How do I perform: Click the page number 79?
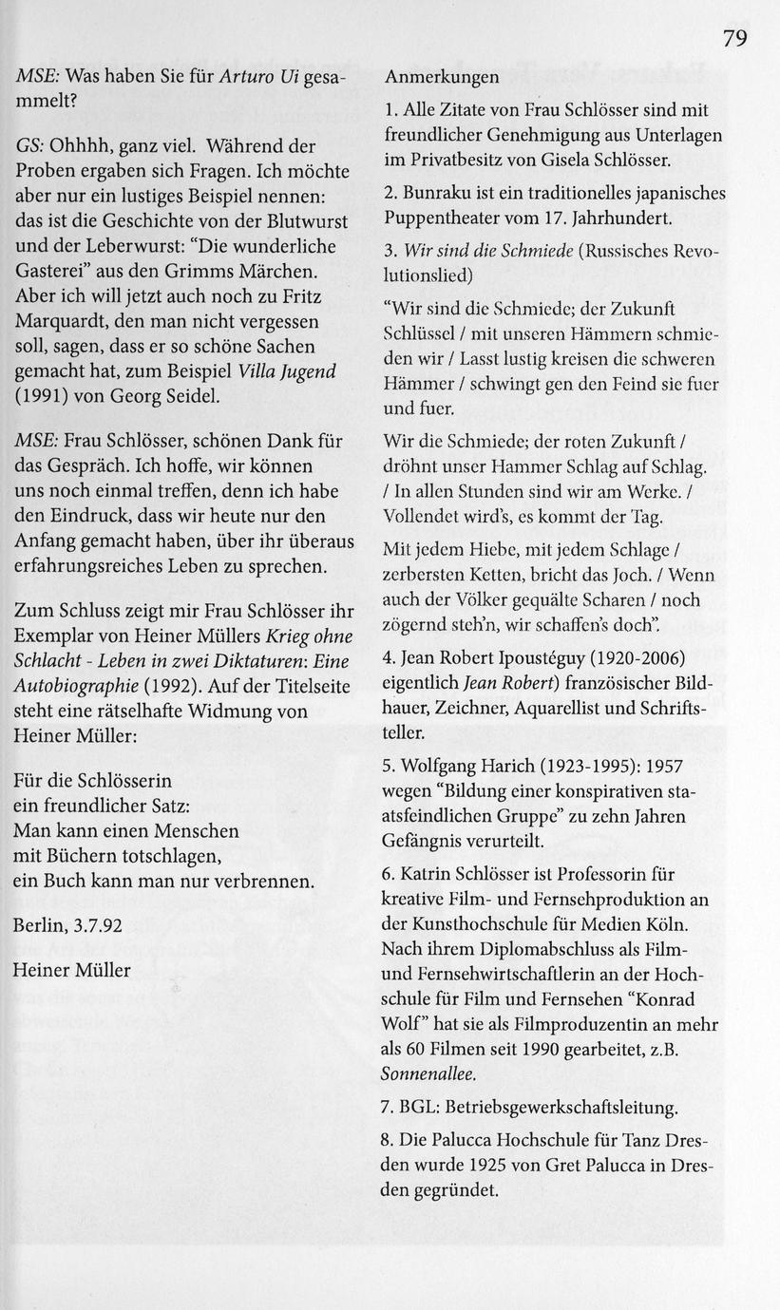point(733,38)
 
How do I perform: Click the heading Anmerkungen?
point(442,76)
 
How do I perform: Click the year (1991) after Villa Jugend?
point(44,395)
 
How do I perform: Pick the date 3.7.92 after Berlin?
point(95,926)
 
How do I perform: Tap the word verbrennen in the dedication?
point(258,881)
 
